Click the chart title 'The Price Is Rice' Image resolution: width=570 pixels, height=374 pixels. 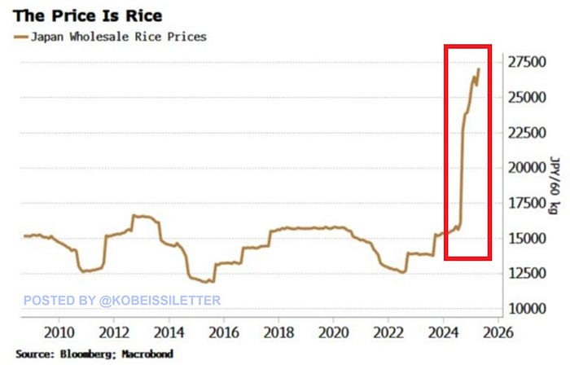[88, 15]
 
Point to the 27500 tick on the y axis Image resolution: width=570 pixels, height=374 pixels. [528, 62]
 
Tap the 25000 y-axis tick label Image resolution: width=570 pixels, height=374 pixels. [528, 97]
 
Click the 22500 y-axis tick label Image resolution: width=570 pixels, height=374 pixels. [528, 133]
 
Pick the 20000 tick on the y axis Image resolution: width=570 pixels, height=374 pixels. [528, 168]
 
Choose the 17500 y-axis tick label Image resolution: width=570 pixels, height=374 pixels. [528, 203]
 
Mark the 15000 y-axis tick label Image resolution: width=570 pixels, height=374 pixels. [528, 239]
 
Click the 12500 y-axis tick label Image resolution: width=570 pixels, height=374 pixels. [528, 274]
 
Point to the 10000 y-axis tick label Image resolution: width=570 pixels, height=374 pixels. [528, 309]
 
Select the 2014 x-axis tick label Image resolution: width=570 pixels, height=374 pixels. [169, 332]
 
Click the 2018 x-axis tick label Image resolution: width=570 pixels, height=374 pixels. [278, 332]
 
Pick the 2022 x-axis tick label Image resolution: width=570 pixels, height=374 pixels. [388, 332]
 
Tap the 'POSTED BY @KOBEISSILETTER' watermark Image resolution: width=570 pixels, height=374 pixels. [122, 300]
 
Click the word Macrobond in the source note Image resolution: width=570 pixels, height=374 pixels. [146, 354]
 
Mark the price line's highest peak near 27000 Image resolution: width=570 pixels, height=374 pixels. [478, 69]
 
